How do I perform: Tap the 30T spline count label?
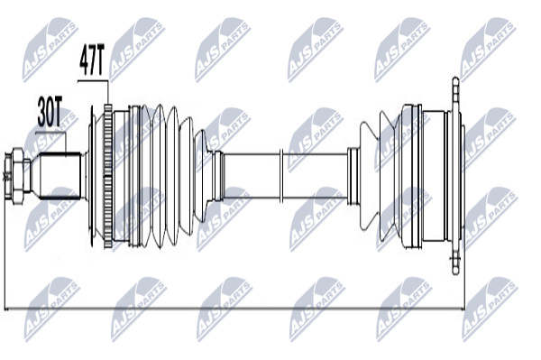click(50, 112)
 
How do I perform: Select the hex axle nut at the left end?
click(17, 176)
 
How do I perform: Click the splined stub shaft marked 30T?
click(59, 176)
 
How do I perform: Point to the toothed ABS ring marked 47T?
click(108, 176)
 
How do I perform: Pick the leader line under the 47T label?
click(93, 81)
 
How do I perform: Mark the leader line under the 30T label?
click(50, 133)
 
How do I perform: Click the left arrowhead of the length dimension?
click(7, 309)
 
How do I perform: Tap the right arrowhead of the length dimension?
click(462, 309)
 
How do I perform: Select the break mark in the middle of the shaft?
click(280, 176)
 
